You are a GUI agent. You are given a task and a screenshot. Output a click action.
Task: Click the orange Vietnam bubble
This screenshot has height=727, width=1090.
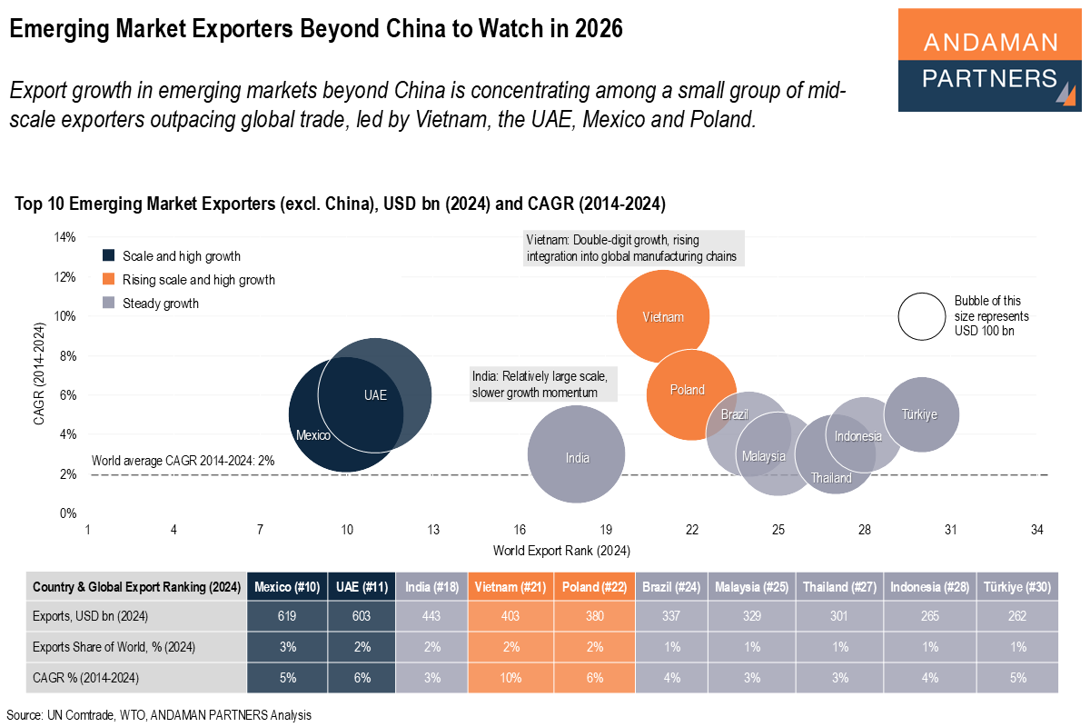tap(662, 316)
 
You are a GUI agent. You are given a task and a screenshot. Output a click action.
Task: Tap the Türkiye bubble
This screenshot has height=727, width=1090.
tap(920, 414)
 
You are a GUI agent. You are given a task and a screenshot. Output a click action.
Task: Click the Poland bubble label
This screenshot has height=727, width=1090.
tap(688, 390)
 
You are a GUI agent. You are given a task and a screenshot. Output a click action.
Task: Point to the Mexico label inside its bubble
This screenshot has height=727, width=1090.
tap(312, 435)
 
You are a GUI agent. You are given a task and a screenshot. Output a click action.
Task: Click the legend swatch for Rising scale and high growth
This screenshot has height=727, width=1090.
tap(110, 279)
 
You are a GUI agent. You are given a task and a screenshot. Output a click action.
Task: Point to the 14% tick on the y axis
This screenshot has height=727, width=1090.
tap(64, 238)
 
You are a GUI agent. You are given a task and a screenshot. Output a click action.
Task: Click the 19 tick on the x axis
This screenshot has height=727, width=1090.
tap(606, 530)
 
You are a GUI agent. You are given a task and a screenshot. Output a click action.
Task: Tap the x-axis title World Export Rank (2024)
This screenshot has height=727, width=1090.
tap(561, 551)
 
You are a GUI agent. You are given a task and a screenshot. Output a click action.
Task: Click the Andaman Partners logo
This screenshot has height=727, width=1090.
tap(989, 61)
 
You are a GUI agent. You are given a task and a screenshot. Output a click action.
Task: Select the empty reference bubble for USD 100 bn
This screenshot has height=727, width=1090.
tap(921, 316)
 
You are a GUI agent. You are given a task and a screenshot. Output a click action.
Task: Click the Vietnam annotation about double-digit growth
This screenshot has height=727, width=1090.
tap(634, 248)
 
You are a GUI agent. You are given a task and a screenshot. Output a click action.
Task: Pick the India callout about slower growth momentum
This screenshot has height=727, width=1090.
tap(543, 384)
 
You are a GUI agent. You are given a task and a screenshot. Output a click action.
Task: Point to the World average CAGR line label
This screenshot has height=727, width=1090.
tap(183, 461)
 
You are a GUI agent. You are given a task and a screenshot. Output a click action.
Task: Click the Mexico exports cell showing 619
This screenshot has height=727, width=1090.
tap(286, 616)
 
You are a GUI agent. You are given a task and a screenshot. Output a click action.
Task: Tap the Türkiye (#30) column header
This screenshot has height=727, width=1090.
tap(1017, 587)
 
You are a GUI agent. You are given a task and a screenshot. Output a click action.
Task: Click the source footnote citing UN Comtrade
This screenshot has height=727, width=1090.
tap(159, 715)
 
